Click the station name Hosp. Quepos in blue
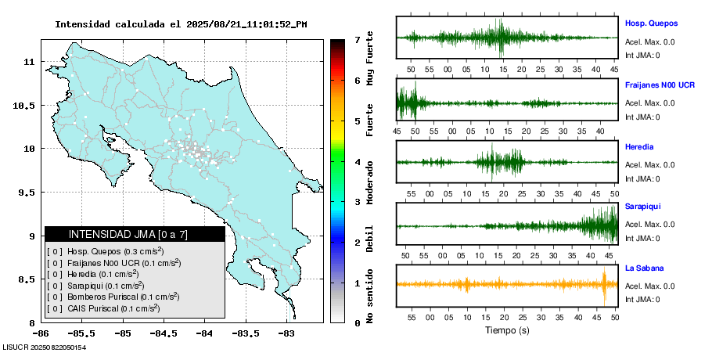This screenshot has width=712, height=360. coord(651,23)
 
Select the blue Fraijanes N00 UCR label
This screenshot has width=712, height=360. coord(660,85)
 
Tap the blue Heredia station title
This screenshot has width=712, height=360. coord(639,146)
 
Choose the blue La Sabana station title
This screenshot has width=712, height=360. coord(644,268)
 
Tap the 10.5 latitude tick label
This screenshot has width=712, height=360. coord(25,105)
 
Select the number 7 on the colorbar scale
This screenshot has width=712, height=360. coord(357,39)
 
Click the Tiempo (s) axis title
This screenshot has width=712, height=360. coord(506,331)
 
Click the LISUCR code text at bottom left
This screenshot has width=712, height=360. coord(44,347)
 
